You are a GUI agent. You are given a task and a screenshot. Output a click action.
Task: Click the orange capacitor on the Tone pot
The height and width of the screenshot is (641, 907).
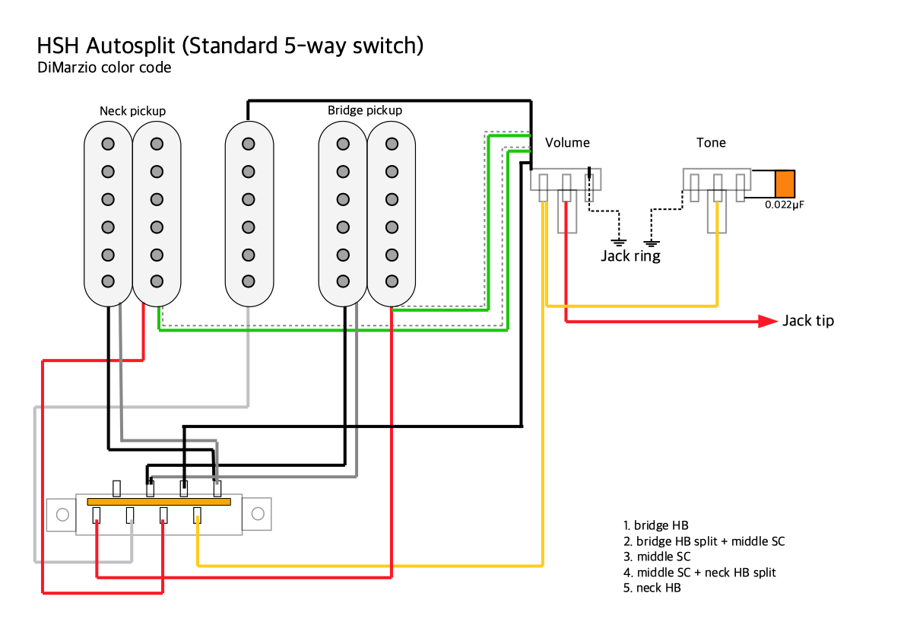click(x=785, y=185)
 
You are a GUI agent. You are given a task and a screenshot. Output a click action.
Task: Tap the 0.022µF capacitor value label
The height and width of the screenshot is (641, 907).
click(x=784, y=205)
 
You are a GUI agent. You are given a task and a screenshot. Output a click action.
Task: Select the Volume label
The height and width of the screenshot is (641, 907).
click(x=567, y=143)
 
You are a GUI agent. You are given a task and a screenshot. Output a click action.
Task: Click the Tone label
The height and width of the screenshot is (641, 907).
click(x=711, y=143)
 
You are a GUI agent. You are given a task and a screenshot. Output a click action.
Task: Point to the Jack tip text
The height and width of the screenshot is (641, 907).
click(x=808, y=321)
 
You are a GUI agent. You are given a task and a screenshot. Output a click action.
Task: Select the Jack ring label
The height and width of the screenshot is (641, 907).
click(x=630, y=256)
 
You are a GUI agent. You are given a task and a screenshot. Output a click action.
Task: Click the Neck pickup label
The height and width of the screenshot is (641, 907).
click(x=132, y=111)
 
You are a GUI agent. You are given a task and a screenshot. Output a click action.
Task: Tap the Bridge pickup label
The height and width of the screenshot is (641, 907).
click(x=365, y=110)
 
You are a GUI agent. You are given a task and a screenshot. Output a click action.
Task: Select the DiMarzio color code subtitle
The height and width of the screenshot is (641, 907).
click(x=104, y=68)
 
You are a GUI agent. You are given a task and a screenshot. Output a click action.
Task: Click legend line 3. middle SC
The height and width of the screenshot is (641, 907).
click(x=657, y=557)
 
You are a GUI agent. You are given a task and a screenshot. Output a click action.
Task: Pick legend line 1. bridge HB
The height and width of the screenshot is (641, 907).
click(x=655, y=525)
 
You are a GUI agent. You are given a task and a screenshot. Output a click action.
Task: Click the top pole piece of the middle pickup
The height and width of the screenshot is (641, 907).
click(x=248, y=144)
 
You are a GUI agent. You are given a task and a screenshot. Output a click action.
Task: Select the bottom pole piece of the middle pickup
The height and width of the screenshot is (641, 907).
click(x=248, y=281)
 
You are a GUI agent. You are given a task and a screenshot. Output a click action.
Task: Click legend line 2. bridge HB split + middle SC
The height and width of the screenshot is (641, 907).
click(x=703, y=541)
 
